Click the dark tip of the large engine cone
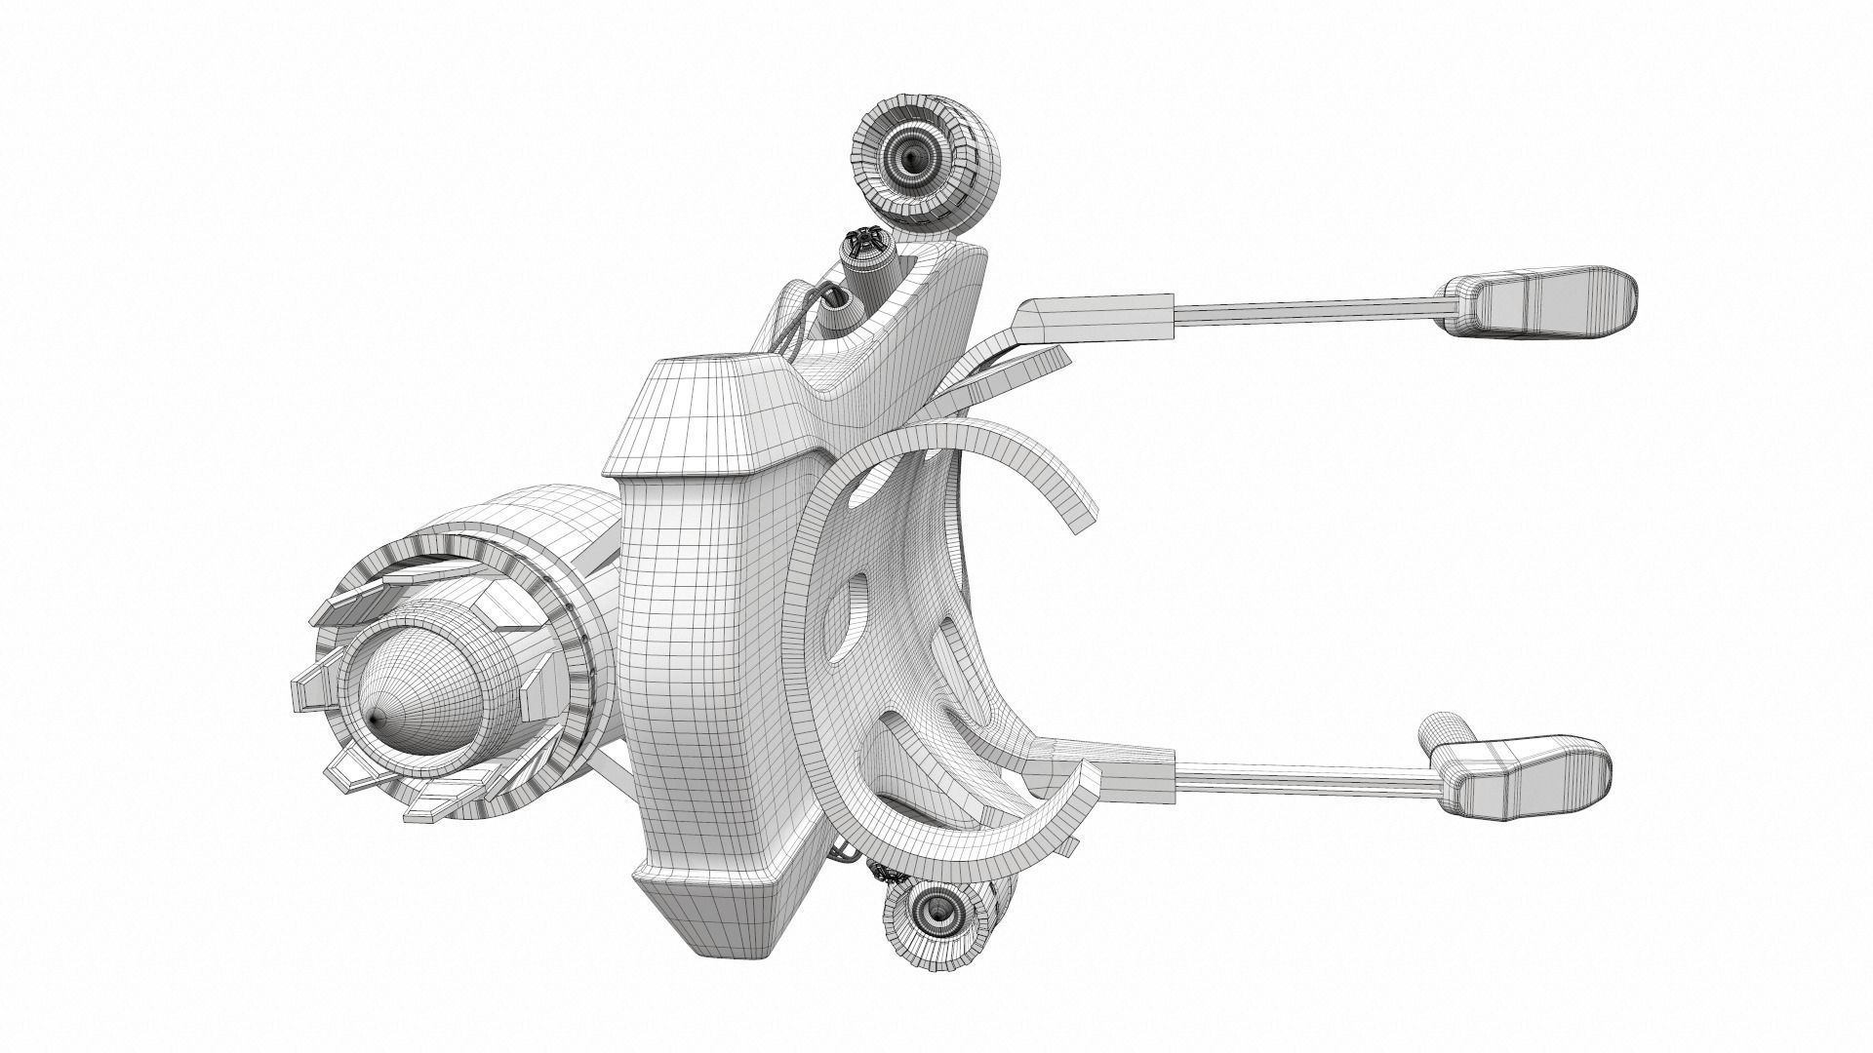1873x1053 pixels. pyautogui.click(x=376, y=718)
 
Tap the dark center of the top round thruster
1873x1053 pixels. pyautogui.click(x=912, y=153)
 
